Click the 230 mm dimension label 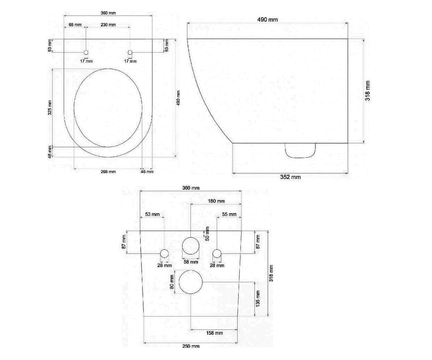[108, 25]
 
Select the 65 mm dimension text [75, 25]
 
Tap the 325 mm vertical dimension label [50, 108]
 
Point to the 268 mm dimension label [108, 172]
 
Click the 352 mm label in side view [290, 177]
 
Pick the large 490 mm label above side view [267, 20]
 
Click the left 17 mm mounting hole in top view [86, 52]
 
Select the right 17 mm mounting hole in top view [130, 52]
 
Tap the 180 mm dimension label [216, 201]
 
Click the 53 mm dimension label [152, 214]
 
